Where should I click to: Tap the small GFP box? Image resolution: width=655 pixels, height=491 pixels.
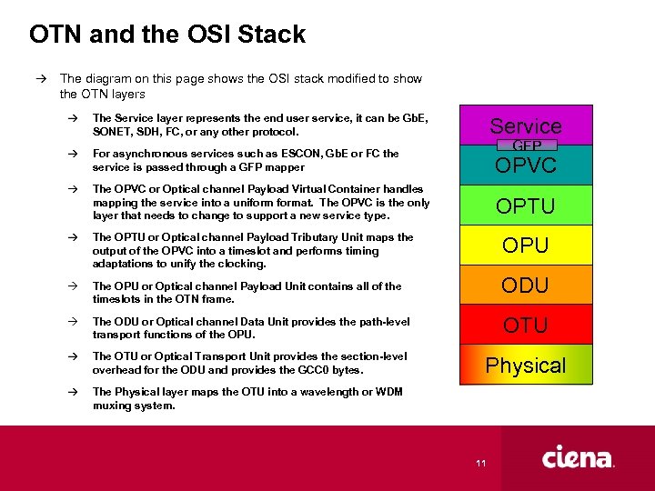click(526, 145)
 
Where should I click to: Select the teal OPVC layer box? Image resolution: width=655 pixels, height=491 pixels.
click(526, 167)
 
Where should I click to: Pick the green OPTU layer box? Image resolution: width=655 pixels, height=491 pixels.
click(526, 205)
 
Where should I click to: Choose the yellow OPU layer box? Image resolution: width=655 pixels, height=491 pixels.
click(526, 245)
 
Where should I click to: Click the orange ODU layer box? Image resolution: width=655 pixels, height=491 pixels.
click(526, 285)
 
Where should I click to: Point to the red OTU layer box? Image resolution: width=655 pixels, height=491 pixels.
click(526, 325)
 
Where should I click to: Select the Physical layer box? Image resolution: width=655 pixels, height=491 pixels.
click(526, 366)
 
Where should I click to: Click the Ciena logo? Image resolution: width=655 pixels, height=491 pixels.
click(578, 458)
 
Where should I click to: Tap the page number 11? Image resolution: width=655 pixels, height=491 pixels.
click(480, 465)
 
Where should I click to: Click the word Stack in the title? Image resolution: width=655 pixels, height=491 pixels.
click(270, 35)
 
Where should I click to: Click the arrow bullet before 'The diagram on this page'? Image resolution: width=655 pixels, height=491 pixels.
click(42, 79)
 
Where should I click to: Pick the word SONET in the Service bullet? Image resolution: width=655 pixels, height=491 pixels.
click(114, 132)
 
